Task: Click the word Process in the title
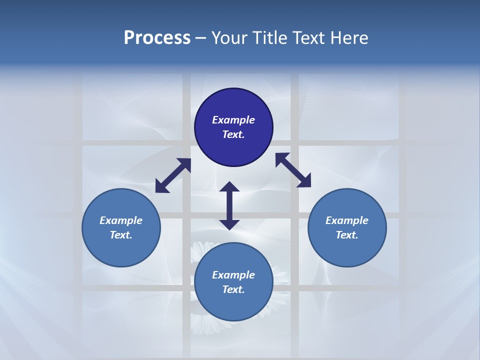[157, 38]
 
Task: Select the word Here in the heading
[349, 38]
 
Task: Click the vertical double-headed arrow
[229, 205]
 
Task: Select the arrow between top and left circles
[173, 175]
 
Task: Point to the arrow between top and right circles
[293, 170]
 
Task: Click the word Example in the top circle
[233, 120]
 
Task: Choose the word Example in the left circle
[121, 220]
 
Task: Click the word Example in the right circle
[347, 220]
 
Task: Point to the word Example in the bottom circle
[233, 275]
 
